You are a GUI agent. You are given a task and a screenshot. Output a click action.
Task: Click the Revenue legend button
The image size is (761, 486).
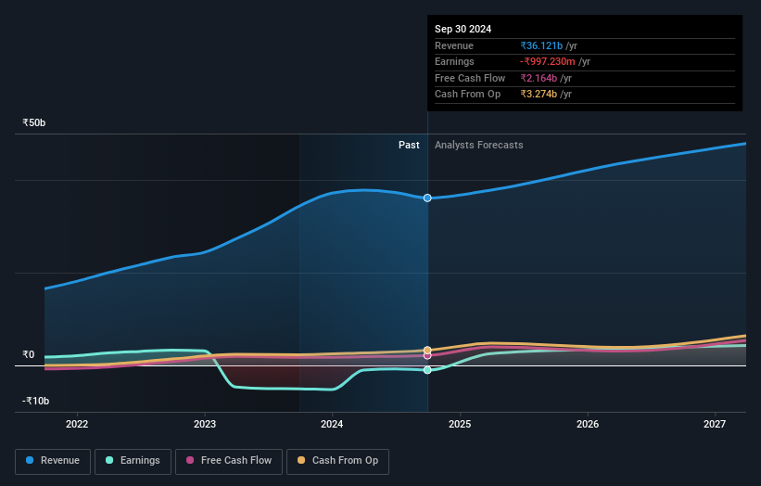(53, 461)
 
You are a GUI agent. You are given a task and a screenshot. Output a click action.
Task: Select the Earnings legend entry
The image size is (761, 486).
(132, 461)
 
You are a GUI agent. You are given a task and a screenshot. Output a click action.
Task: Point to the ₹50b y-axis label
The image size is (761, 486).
(34, 122)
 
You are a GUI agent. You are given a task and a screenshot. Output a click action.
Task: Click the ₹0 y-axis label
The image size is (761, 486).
(29, 354)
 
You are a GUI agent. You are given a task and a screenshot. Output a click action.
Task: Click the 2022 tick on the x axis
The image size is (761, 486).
(77, 425)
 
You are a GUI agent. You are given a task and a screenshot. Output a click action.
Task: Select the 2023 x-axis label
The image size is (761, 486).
(205, 425)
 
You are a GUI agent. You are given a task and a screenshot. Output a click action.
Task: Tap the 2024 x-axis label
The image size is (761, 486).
(332, 425)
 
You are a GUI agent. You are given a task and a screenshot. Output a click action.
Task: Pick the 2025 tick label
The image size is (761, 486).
(460, 425)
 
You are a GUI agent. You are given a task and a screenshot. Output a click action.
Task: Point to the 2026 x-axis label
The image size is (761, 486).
(588, 425)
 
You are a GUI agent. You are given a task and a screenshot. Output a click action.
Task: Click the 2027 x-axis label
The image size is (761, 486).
(715, 425)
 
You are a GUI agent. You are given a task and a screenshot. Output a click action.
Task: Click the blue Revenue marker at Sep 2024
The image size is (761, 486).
(427, 198)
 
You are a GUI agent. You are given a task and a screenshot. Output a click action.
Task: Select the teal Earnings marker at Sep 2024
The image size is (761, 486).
(427, 370)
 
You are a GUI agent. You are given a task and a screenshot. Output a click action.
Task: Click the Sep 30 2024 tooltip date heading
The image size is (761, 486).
(463, 29)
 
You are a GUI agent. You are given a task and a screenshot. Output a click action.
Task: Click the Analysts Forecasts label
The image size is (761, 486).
(478, 145)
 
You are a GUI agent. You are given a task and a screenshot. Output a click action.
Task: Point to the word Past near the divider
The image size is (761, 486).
(409, 145)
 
